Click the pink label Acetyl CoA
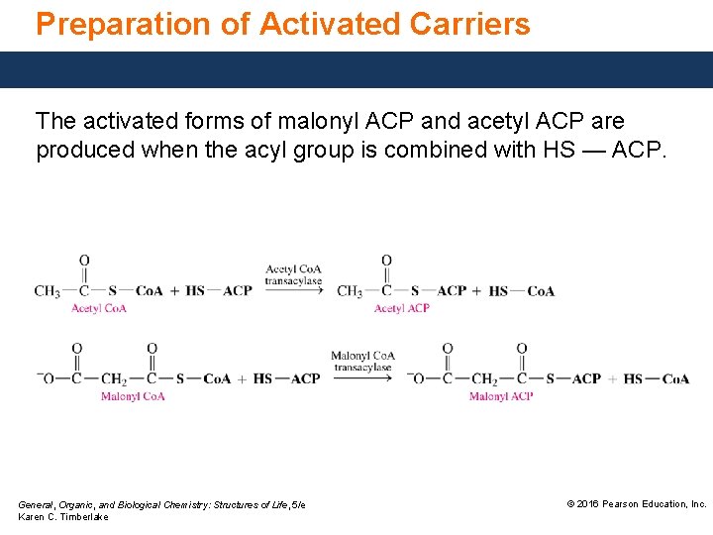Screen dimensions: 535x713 tap(98, 308)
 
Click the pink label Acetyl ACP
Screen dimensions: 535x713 tap(401, 308)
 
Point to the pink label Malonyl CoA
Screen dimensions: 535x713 tap(132, 396)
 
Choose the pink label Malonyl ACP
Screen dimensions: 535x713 tap(500, 396)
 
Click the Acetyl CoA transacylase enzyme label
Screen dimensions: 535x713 tap(293, 274)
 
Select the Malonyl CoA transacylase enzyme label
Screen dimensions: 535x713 tap(362, 362)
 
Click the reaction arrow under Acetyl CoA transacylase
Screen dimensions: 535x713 tap(294, 291)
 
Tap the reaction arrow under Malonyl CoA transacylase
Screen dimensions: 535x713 tap(362, 378)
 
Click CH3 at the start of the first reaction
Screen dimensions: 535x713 tap(47, 291)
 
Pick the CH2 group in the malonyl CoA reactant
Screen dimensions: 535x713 tap(114, 378)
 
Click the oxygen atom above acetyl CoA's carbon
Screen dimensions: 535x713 tap(84, 262)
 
